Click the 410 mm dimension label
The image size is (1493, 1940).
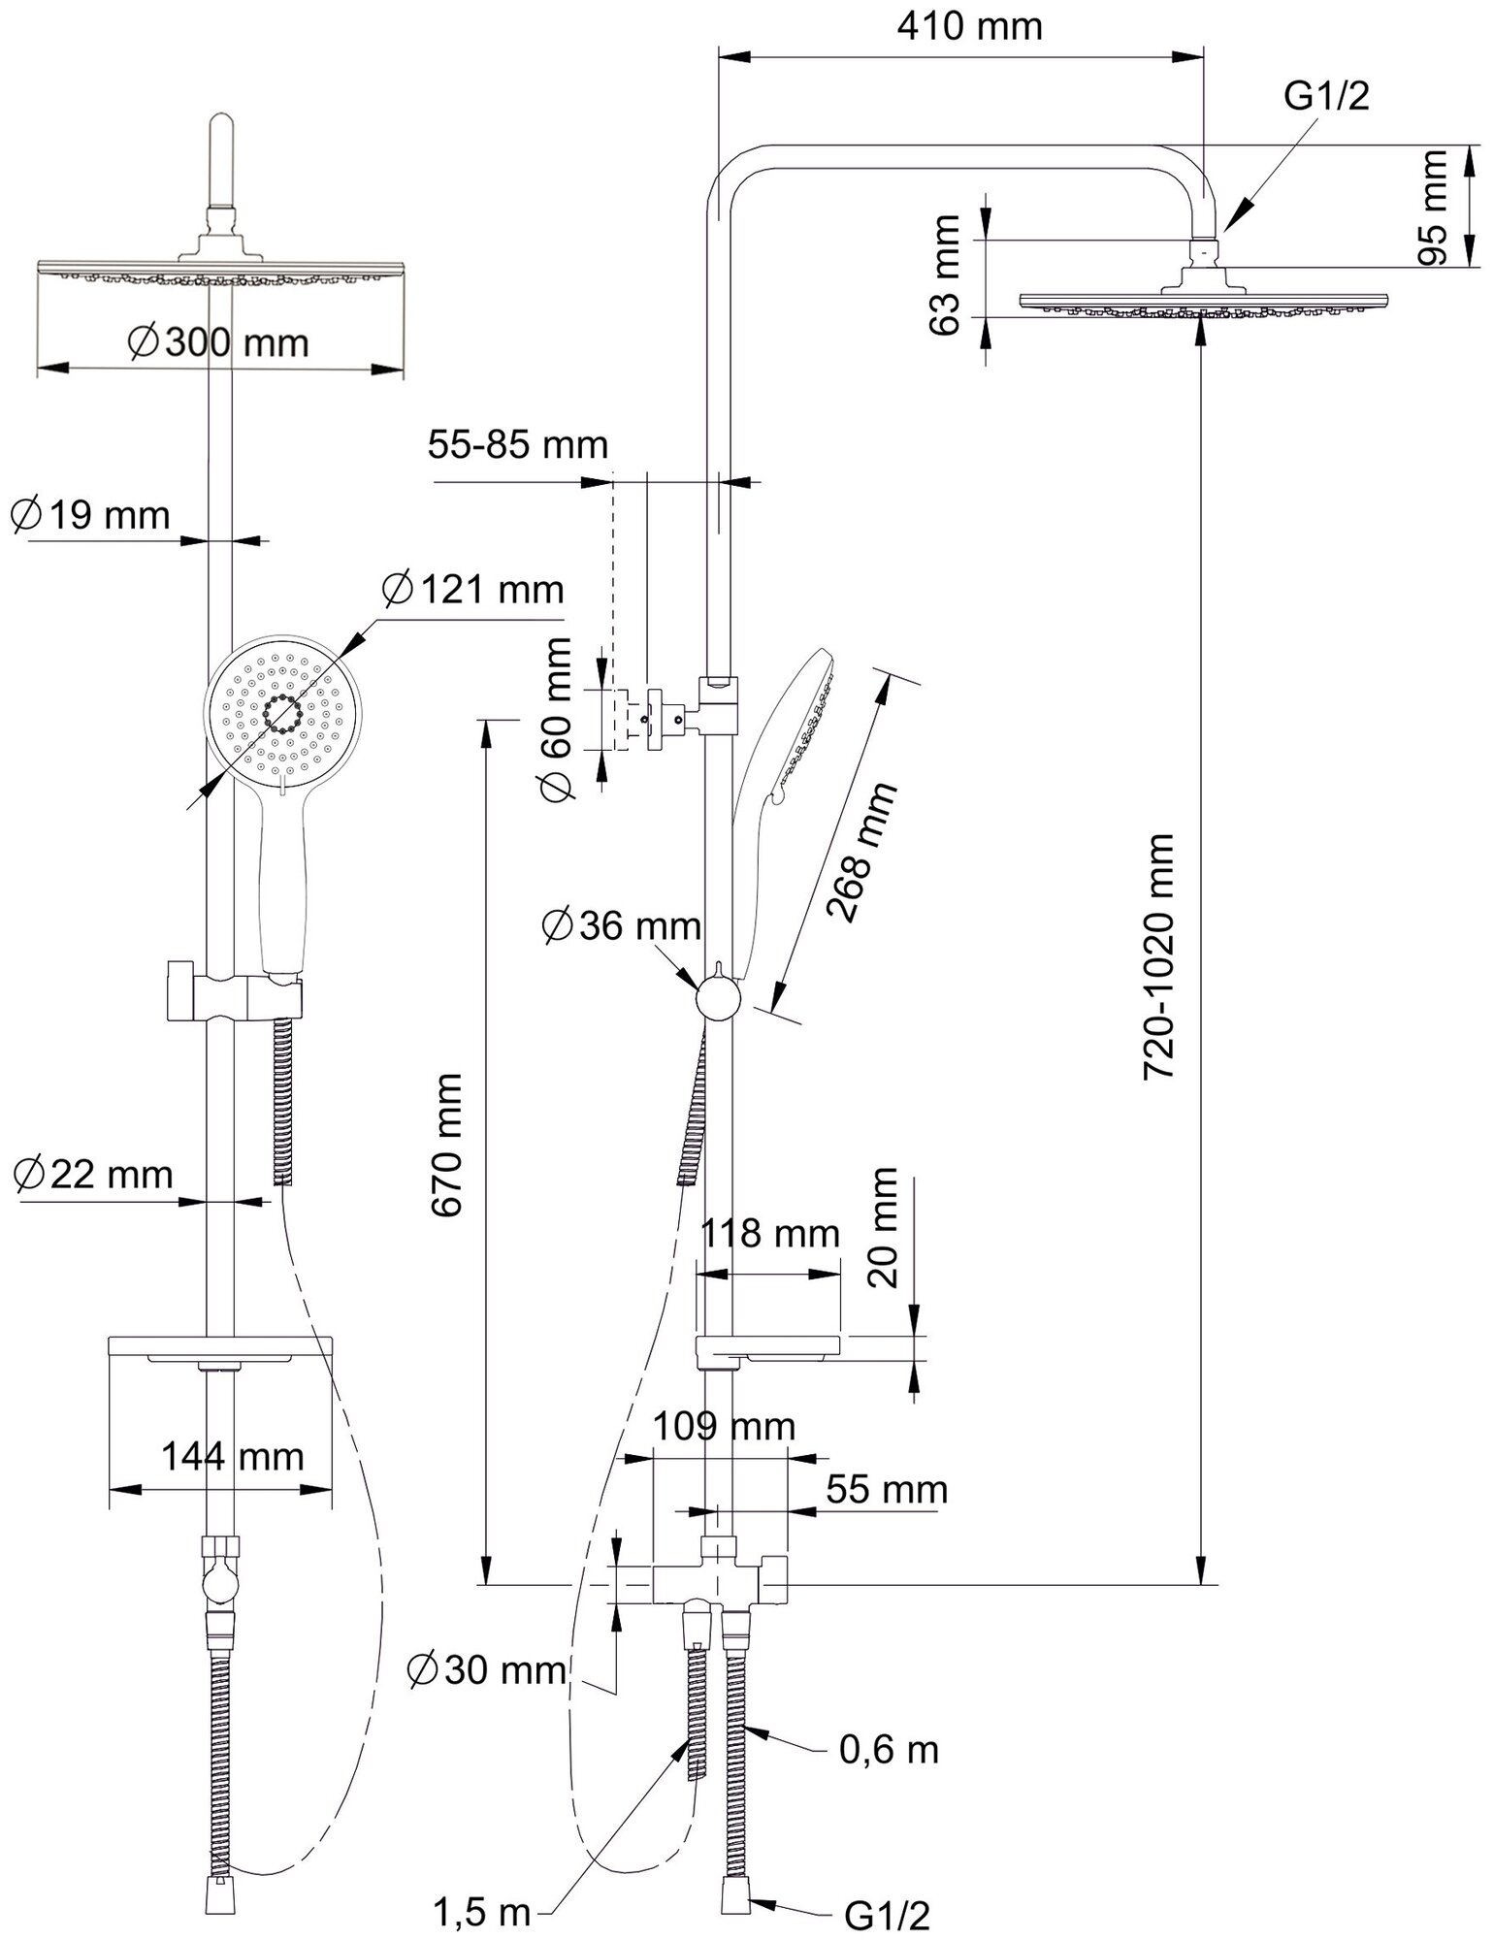coord(968,26)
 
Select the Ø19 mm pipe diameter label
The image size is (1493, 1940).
coord(89,514)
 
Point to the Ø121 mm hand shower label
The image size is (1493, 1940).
coord(472,589)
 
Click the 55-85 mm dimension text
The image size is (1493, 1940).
coord(517,445)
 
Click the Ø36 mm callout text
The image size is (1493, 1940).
coord(621,926)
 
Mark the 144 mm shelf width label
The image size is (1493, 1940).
coord(232,1456)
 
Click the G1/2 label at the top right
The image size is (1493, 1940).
coord(1326,97)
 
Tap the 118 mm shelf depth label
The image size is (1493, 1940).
coord(770,1234)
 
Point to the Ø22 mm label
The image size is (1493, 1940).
coord(92,1175)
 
